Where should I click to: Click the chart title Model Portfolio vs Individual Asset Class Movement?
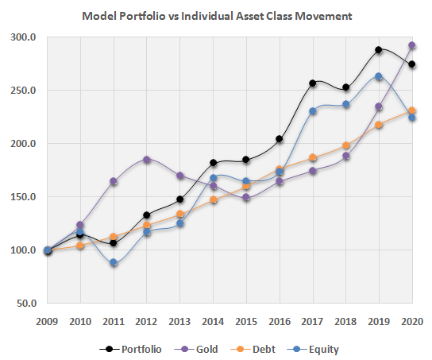(x=217, y=16)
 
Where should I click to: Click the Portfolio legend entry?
(x=136, y=348)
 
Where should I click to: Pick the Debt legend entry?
(x=257, y=348)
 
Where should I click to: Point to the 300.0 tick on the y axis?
(x=25, y=37)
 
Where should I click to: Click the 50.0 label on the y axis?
(x=26, y=303)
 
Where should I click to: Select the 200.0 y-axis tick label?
(x=25, y=144)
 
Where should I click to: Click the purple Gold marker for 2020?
(x=412, y=46)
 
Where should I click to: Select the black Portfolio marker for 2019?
(x=379, y=50)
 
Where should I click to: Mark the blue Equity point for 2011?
(x=114, y=262)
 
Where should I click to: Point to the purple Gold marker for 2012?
(x=147, y=160)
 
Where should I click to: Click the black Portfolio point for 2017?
(x=313, y=83)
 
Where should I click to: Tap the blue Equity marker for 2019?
(x=379, y=76)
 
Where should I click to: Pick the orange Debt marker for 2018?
(x=346, y=145)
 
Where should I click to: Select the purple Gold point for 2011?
(x=114, y=182)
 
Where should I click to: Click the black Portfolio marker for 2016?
(x=280, y=139)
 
